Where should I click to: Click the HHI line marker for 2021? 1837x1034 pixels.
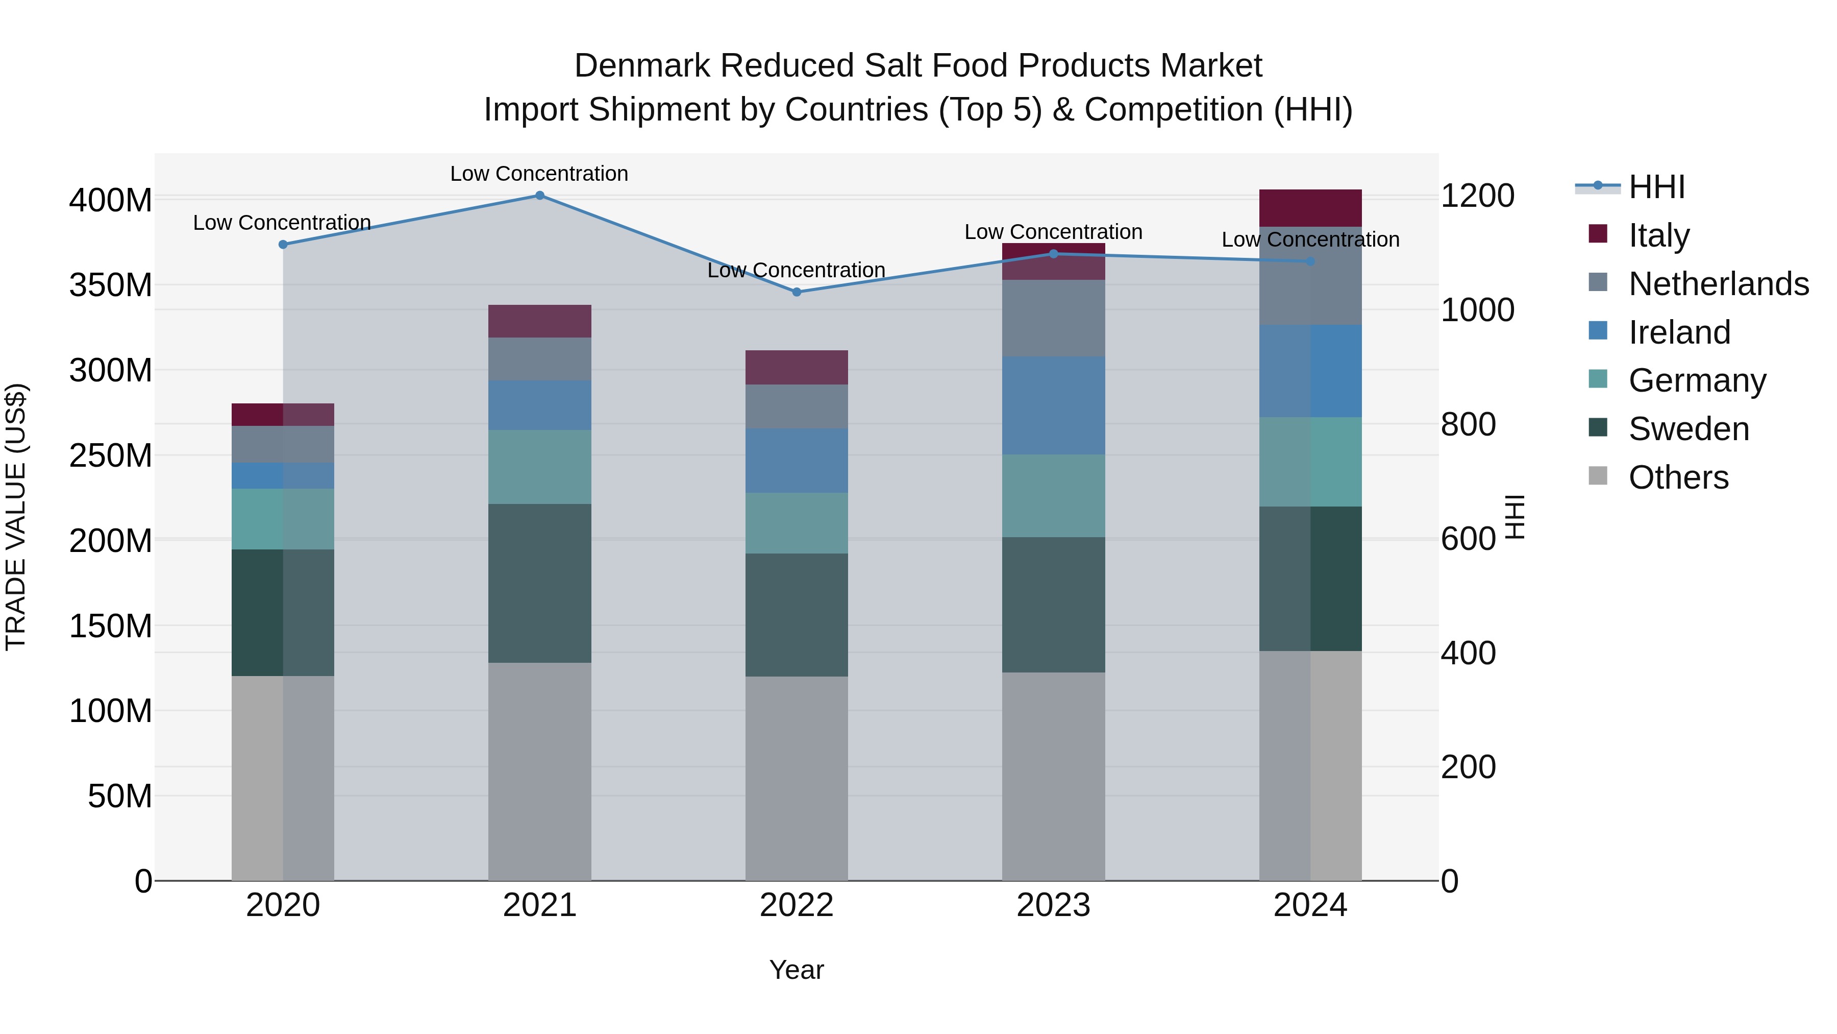tap(540, 196)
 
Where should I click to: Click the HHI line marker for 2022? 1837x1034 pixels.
tap(797, 292)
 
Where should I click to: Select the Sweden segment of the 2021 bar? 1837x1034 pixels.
tap(540, 583)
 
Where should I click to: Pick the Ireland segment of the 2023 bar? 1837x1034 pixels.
tap(1053, 405)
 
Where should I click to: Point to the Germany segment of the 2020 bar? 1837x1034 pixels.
tap(283, 519)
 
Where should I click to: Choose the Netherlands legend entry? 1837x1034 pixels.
tap(1718, 284)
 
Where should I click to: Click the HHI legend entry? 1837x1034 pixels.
tap(1656, 187)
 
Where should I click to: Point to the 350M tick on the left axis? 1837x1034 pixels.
tap(111, 285)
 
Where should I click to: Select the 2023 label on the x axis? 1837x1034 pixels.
tap(1053, 905)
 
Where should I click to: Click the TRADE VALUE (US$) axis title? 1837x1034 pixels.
tap(16, 517)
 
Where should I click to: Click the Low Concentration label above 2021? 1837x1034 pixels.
tap(539, 174)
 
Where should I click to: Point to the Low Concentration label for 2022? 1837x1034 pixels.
tap(797, 271)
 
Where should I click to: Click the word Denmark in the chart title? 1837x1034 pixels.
tap(642, 66)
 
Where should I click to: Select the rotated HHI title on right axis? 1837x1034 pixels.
tap(1514, 517)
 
